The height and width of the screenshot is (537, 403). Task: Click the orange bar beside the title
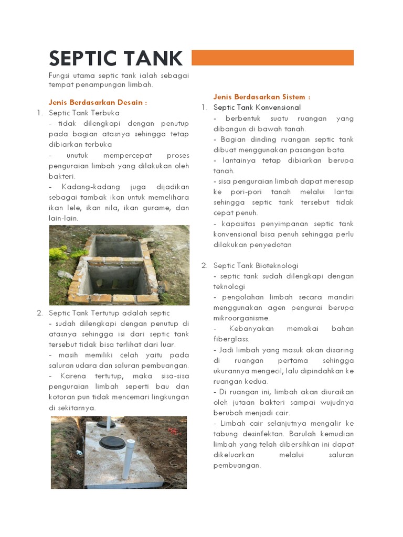pos(272,58)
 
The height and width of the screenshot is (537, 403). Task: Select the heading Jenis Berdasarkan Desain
pos(98,102)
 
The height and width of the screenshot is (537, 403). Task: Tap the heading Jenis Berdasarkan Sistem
pos(262,97)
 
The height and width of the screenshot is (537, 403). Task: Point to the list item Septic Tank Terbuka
pos(84,113)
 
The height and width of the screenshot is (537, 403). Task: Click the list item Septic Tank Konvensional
pos(257,108)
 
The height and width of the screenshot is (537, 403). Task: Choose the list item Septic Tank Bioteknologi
pos(256,266)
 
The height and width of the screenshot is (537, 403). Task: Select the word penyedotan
pos(273,245)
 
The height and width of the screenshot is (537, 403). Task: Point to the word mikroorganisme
pos(241,318)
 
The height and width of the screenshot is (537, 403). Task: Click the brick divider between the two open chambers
pos(118,259)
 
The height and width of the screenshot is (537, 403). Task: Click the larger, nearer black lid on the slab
pos(112,443)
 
